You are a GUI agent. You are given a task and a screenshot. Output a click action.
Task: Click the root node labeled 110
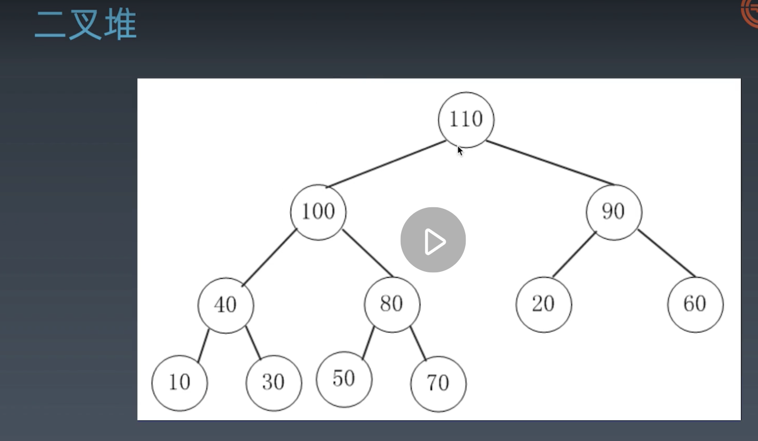tap(466, 120)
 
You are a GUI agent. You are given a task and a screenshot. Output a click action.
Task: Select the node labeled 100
tap(318, 212)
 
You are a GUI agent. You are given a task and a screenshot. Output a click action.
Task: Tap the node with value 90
tap(613, 212)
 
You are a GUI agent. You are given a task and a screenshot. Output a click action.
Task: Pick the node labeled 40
tap(226, 305)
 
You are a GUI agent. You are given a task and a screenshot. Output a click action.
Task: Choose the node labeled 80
tap(392, 304)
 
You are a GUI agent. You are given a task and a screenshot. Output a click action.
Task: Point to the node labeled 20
tap(543, 305)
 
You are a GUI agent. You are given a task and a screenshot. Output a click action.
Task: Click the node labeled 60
tap(695, 304)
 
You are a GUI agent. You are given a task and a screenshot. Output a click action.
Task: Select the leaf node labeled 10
tap(180, 382)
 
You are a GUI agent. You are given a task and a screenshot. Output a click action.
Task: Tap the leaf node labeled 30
tap(273, 382)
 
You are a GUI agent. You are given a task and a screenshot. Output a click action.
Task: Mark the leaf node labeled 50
tap(344, 379)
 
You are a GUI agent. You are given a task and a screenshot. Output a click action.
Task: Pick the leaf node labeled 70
tap(438, 383)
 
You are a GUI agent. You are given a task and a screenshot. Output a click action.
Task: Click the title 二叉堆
tap(86, 24)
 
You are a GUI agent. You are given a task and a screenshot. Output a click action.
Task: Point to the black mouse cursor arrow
tap(459, 151)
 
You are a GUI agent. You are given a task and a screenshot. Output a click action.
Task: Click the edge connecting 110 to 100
tap(386, 164)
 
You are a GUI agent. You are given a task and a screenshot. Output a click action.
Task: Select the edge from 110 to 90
tap(550, 163)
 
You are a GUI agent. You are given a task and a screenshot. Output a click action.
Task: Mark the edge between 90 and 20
tap(575, 254)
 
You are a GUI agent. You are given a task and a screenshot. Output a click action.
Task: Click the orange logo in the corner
tap(751, 13)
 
